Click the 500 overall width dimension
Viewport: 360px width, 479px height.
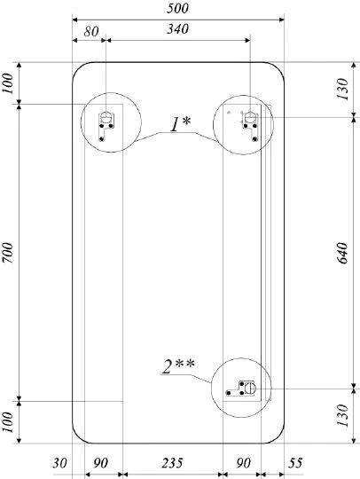point(177,8)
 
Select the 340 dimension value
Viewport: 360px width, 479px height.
point(177,29)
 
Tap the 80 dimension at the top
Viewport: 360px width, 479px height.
point(91,31)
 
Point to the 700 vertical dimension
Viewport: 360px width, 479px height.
point(8,253)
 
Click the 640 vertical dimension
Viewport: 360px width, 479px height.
point(342,253)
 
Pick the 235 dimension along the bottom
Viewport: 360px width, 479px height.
point(172,463)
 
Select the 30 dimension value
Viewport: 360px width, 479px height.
point(59,463)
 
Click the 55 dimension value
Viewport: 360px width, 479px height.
point(295,463)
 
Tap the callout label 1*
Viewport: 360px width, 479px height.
point(180,124)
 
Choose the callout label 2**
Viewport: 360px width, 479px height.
point(178,366)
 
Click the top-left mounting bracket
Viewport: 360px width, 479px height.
point(106,126)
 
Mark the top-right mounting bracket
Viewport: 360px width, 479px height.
point(251,126)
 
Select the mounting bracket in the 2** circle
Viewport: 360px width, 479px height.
point(241,389)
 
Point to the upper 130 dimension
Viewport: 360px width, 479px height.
point(342,89)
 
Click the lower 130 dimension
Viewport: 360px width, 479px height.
point(342,415)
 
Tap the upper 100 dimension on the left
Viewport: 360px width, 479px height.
point(8,83)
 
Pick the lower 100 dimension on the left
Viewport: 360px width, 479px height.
point(8,422)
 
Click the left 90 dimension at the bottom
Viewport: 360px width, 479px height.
point(100,463)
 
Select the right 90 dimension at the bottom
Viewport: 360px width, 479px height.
point(243,463)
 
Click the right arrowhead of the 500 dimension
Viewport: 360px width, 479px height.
point(281,20)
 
